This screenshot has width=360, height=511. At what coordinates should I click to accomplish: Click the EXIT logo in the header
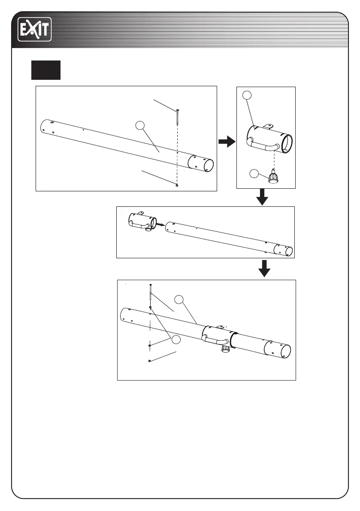[34, 29]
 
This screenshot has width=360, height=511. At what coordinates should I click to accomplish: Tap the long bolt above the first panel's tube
[177, 117]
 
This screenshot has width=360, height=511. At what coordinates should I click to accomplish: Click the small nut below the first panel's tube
[177, 185]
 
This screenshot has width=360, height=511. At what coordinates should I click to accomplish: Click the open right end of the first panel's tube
[208, 165]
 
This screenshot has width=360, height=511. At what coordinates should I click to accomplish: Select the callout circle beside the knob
[254, 174]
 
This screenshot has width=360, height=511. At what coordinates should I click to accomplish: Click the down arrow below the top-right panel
[262, 198]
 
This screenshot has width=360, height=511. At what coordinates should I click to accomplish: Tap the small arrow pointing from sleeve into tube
[159, 224]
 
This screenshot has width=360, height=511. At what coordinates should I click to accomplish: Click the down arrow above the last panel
[265, 268]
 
